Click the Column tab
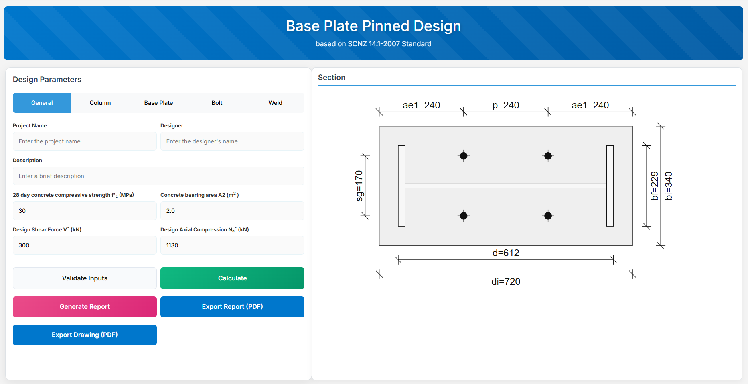tap(100, 103)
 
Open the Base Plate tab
tap(158, 103)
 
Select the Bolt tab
tap(217, 103)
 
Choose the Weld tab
tap(275, 103)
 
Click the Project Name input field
tap(85, 141)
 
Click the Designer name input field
tap(232, 141)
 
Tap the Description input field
tap(158, 176)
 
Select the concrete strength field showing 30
tap(85, 211)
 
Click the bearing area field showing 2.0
tap(232, 211)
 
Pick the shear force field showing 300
tap(85, 245)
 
